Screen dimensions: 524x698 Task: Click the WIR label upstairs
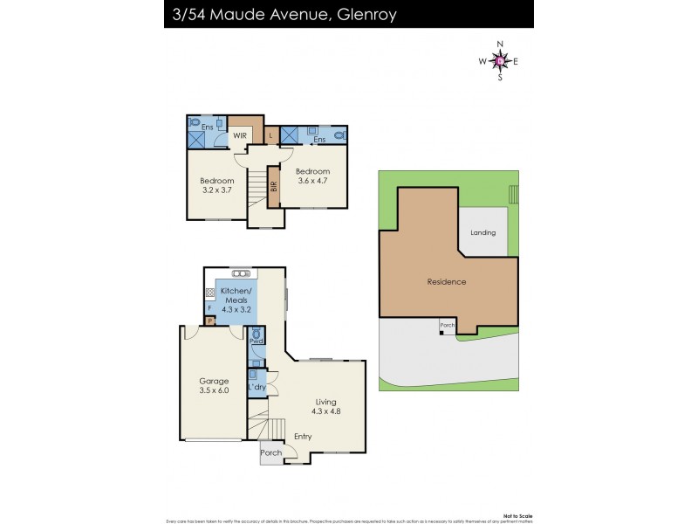[239, 135]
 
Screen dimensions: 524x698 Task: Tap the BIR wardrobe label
[273, 187]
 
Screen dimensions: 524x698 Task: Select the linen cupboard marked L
[271, 135]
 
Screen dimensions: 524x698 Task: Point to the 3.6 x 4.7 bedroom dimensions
[312, 180]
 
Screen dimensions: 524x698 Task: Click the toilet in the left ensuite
[195, 123]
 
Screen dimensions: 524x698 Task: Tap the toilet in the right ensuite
[339, 135]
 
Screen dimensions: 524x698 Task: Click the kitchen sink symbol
[242, 274]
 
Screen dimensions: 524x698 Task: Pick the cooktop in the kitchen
[209, 293]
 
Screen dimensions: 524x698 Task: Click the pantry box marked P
[209, 321]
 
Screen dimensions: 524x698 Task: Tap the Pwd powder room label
[256, 341]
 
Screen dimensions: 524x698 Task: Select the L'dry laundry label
[257, 386]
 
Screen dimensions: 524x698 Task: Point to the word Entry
[303, 436]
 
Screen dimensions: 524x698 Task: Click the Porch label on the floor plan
[271, 452]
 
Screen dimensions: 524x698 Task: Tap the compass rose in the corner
[499, 60]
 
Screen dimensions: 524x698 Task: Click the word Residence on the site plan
[446, 281]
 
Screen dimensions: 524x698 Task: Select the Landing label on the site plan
[482, 233]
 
